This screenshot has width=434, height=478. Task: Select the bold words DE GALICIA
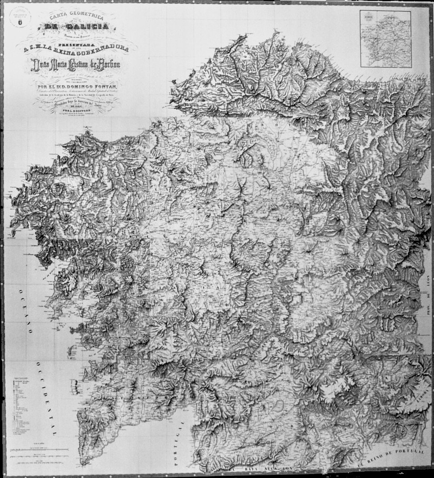point(77,26)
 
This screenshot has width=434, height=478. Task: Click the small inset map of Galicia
point(385,39)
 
